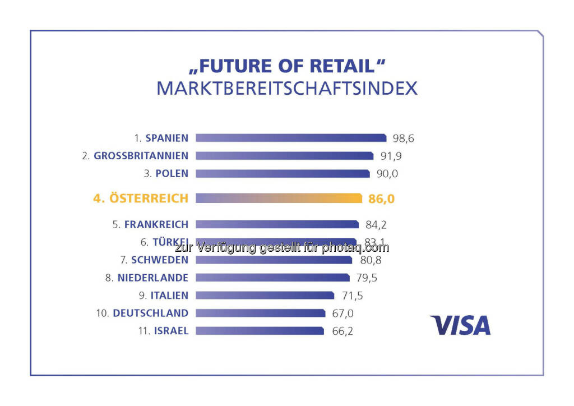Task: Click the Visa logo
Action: (x=460, y=325)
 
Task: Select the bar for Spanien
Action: (x=290, y=138)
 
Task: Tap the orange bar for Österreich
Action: (x=279, y=198)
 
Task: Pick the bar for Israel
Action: (x=260, y=331)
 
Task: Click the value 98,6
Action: (x=403, y=138)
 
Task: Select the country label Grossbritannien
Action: (x=141, y=155)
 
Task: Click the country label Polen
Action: (x=173, y=173)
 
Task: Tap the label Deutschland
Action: (x=150, y=313)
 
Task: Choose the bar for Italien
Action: (x=265, y=296)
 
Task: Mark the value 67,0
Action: (x=342, y=313)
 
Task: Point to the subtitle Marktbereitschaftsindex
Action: (x=286, y=89)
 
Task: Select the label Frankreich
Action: (x=156, y=224)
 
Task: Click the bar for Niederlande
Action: (x=272, y=278)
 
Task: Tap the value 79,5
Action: (x=367, y=278)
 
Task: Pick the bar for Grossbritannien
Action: (x=284, y=156)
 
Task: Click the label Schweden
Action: (x=159, y=260)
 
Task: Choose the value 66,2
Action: (x=341, y=331)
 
